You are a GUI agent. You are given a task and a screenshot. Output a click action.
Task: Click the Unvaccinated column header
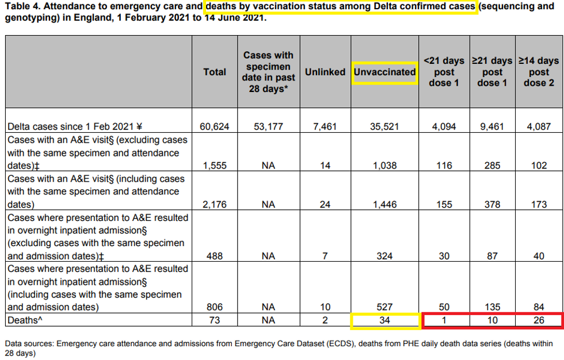(384, 72)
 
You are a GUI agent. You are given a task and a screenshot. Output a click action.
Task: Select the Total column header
(215, 72)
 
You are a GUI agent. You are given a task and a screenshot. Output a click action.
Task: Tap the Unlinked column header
(325, 72)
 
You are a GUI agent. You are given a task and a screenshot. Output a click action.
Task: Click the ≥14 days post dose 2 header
(539, 72)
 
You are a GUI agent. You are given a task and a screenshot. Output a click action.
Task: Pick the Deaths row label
(24, 320)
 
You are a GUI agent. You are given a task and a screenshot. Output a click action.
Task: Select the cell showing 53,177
(268, 127)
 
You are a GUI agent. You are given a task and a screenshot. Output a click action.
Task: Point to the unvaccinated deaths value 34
(384, 320)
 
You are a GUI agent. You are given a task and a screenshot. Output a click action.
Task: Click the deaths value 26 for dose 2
(539, 320)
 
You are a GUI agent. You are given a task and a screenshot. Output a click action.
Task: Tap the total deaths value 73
(215, 320)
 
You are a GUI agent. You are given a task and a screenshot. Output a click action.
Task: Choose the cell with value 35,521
(384, 127)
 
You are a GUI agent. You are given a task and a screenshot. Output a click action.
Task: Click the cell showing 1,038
(384, 166)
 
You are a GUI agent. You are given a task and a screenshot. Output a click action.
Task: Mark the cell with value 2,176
(215, 204)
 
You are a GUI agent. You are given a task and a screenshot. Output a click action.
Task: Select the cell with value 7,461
(325, 127)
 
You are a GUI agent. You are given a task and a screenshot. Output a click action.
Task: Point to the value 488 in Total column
(215, 256)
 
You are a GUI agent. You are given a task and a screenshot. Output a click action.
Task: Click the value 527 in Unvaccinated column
(384, 308)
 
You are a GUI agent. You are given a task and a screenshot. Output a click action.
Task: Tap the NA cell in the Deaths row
(268, 320)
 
